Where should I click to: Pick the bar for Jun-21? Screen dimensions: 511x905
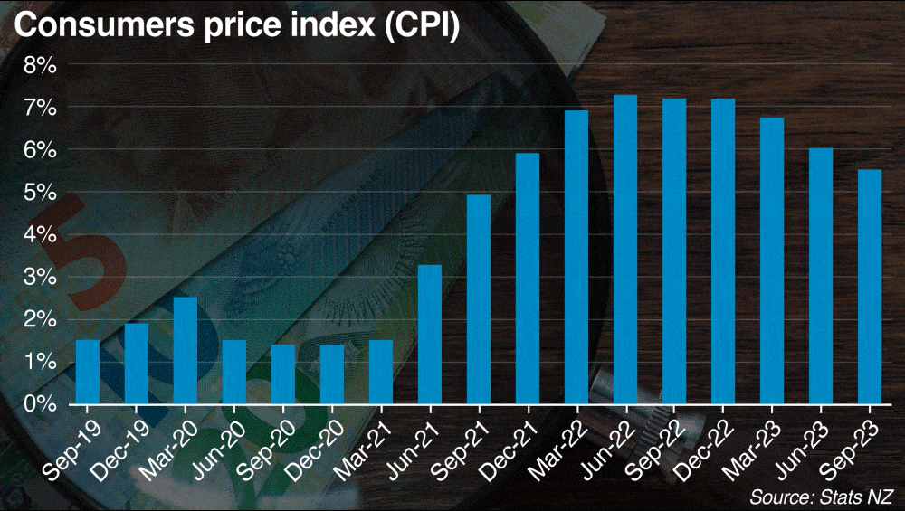(430, 334)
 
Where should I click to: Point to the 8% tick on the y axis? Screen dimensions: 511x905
(40, 65)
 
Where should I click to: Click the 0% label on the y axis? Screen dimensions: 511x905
(40, 403)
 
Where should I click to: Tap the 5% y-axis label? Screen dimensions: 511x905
(40, 193)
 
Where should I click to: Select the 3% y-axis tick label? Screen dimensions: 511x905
(40, 277)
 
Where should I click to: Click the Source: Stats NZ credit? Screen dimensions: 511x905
(821, 497)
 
